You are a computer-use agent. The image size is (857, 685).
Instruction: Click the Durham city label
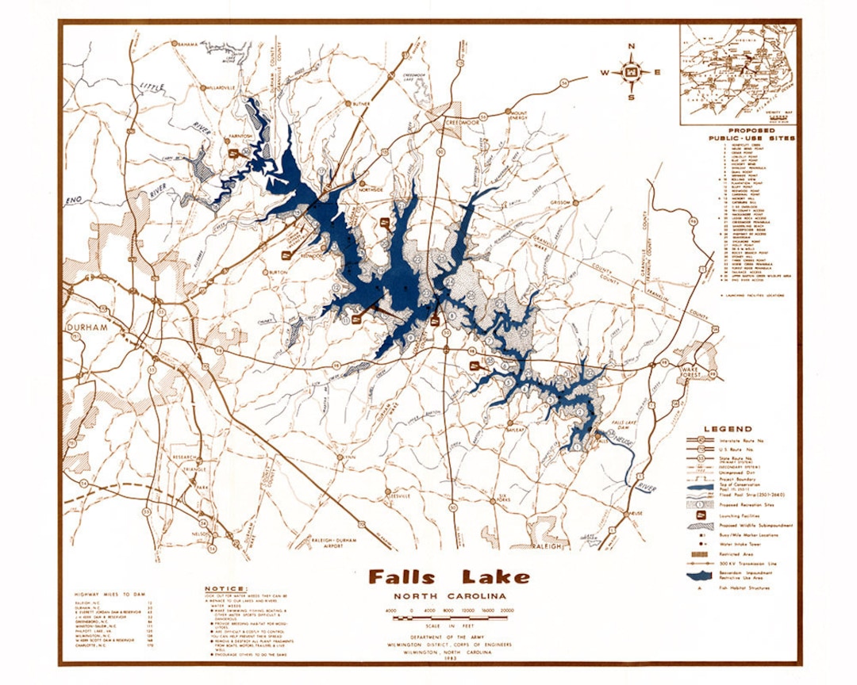(x=88, y=326)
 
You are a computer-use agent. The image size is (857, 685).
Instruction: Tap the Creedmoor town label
(x=463, y=124)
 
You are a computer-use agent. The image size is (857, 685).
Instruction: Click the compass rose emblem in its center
(x=632, y=72)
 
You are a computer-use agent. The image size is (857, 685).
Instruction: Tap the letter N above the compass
(x=632, y=46)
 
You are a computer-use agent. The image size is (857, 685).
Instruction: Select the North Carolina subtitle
(x=449, y=596)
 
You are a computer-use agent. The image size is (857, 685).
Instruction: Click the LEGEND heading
(x=728, y=429)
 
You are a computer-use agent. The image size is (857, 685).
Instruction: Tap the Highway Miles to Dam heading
(x=111, y=594)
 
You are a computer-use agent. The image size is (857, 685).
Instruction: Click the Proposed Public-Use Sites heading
(x=751, y=134)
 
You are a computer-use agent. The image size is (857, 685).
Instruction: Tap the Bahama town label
(x=187, y=43)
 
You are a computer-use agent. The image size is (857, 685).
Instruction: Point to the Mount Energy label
(x=519, y=116)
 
